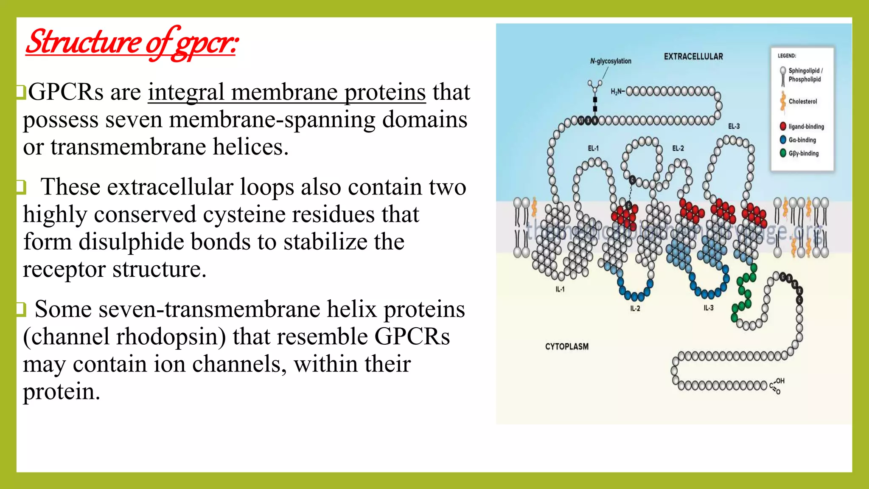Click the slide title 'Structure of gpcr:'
(132, 42)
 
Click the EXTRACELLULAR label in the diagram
(693, 56)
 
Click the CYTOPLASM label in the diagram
(567, 346)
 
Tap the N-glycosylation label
(611, 61)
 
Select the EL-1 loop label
(593, 148)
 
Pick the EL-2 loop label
(678, 148)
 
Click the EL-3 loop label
(734, 126)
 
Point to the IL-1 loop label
(560, 289)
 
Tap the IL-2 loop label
(635, 309)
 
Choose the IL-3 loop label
(709, 308)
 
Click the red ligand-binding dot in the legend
(783, 126)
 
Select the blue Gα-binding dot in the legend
(783, 140)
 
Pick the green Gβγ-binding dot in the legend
(783, 153)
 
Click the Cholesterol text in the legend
(802, 101)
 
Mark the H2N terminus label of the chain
(617, 92)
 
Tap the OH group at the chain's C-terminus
(780, 381)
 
